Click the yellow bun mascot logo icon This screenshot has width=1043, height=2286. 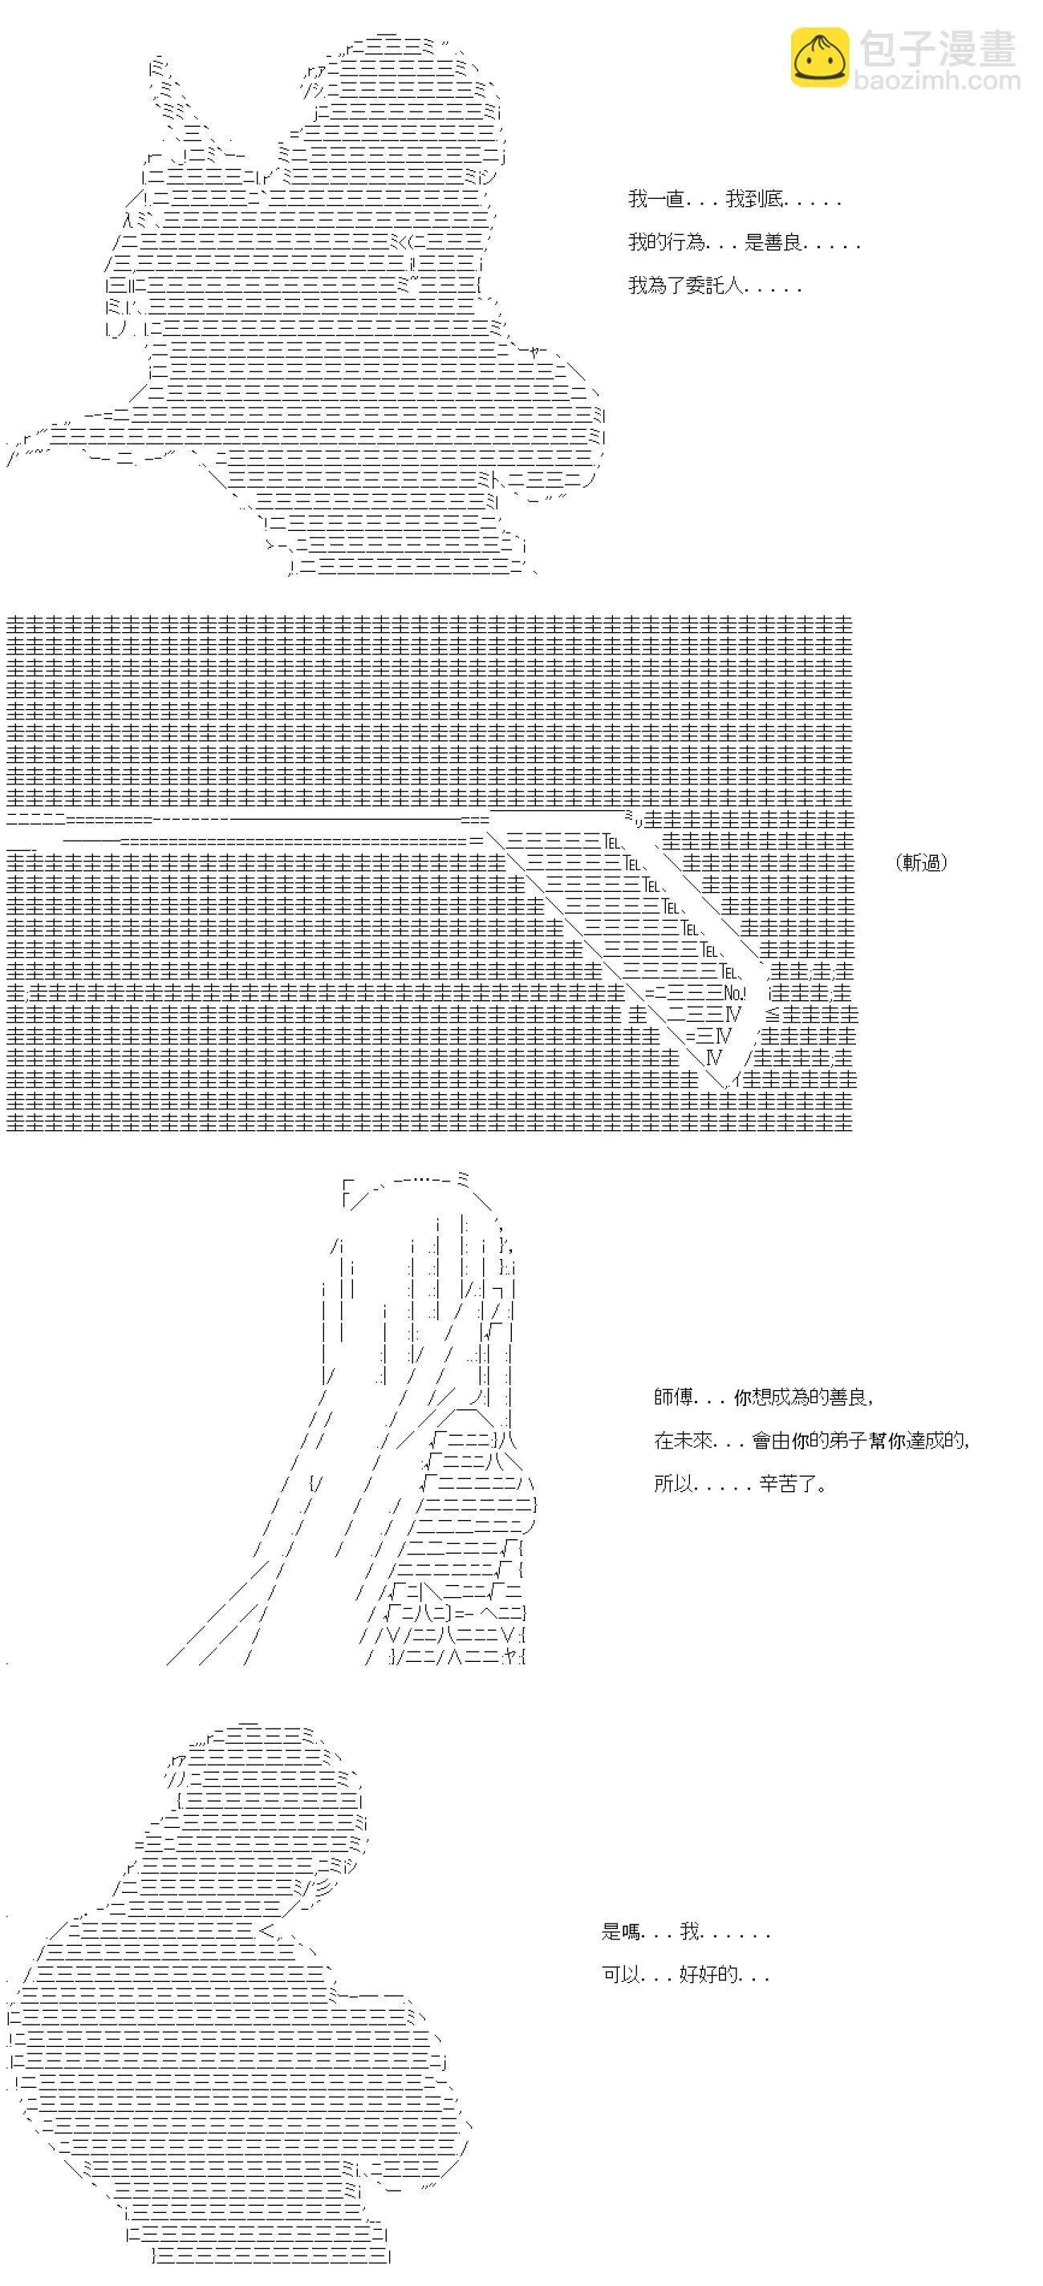coord(819,58)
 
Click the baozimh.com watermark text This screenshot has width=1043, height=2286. coord(937,81)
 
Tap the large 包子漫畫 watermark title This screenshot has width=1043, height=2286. coord(937,47)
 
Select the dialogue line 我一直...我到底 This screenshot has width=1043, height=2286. coord(734,200)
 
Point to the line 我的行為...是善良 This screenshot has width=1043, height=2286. coord(744,242)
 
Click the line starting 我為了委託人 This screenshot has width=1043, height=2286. coord(715,286)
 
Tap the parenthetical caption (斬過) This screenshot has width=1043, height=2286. coord(921,861)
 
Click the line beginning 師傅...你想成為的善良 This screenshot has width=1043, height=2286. coord(763,1396)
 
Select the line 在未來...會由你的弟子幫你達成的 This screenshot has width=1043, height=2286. coord(811,1441)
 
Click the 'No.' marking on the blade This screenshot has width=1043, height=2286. coord(733,993)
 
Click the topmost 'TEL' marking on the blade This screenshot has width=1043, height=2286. coord(612,840)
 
